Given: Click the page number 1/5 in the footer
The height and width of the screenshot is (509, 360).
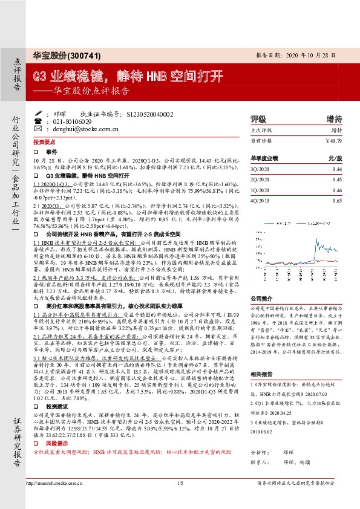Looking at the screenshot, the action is tap(180, 500).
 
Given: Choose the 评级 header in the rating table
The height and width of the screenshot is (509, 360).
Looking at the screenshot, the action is tap(258, 118).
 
